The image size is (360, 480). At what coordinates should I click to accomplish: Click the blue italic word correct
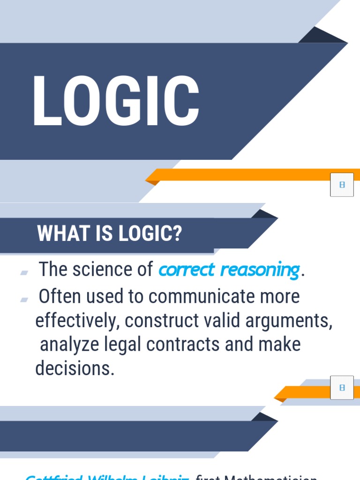pos(187,270)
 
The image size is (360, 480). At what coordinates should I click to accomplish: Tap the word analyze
pos(68,345)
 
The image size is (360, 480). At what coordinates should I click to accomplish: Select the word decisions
pos(74,369)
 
